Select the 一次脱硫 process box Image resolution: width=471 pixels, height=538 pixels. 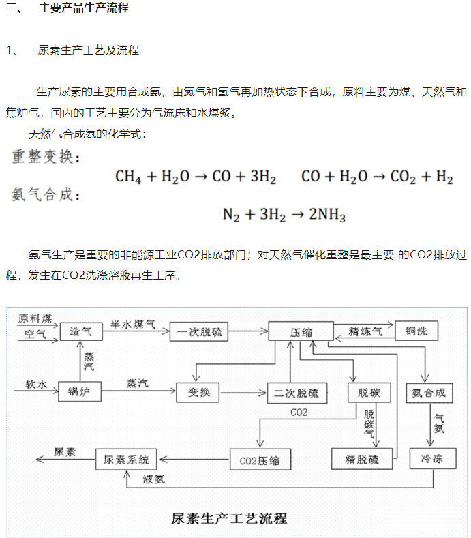coord(198,332)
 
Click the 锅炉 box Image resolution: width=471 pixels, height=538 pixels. coord(80,392)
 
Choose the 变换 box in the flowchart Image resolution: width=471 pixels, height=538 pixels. coord(198,392)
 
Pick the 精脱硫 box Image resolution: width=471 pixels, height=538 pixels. coord(363,460)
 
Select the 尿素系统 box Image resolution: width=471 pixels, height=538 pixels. coord(125,459)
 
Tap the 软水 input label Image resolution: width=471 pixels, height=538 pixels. coord(35,385)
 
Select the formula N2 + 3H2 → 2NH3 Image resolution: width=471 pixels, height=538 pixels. coord(284,215)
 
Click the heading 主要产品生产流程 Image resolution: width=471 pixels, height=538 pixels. coord(84,8)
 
